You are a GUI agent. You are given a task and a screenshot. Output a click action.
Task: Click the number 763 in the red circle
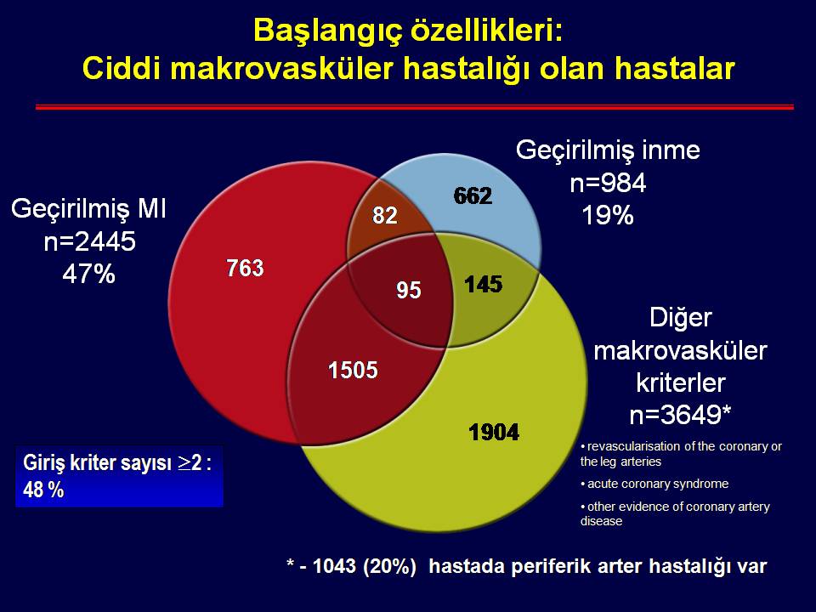[245, 269]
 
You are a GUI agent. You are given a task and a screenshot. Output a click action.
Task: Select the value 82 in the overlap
[385, 215]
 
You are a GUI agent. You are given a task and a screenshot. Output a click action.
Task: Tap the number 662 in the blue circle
[473, 196]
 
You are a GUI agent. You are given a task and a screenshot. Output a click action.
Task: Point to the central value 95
[409, 291]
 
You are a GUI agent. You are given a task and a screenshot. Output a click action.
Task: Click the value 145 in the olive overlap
[484, 285]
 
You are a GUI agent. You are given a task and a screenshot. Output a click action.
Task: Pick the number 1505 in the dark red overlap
[353, 370]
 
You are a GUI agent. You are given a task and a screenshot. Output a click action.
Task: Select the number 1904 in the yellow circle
[494, 432]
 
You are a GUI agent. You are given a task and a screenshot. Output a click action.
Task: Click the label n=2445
[89, 241]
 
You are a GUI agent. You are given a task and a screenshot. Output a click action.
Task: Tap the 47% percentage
[88, 274]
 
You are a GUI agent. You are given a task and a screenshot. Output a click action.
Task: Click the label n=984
[608, 183]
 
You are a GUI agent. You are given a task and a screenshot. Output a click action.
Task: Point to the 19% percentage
[607, 215]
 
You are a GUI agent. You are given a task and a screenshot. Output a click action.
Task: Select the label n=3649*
[680, 415]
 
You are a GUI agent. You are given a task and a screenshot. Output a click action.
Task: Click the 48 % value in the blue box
[43, 490]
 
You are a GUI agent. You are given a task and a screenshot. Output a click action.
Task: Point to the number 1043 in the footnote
[334, 566]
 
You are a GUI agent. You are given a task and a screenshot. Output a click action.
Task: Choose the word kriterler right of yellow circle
[681, 382]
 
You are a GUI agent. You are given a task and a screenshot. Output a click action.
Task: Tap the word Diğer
[681, 318]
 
